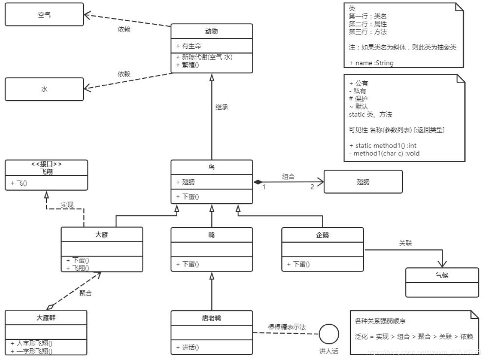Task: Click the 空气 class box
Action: coord(44,15)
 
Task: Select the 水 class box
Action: coord(44,89)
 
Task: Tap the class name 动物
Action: coord(212,31)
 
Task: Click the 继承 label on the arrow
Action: coord(222,106)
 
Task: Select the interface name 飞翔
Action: coord(47,171)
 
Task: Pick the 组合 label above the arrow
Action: coord(288,176)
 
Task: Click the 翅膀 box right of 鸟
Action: coord(363,181)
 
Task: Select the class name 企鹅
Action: coord(322,235)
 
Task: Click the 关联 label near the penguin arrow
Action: coord(405,243)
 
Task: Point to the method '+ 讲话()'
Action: coord(187,347)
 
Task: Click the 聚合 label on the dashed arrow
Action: coord(86,293)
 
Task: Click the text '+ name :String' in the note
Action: coord(371,63)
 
